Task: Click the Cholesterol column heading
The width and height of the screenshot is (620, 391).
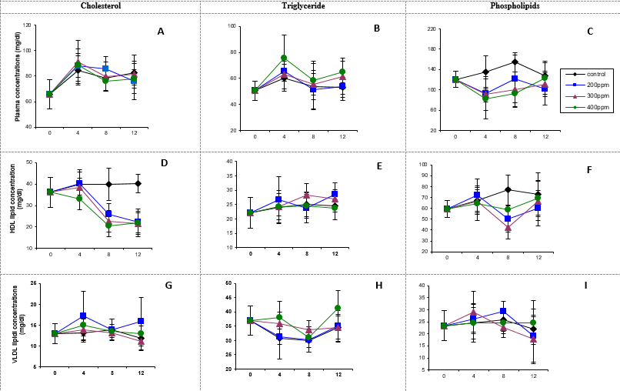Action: pyautogui.click(x=100, y=6)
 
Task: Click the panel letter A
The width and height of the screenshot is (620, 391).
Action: pyautogui.click(x=161, y=32)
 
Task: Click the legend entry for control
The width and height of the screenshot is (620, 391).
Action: pyautogui.click(x=591, y=73)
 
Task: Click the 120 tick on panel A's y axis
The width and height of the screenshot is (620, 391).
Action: pyautogui.click(x=27, y=25)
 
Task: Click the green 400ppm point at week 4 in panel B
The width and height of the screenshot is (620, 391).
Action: pyautogui.click(x=284, y=58)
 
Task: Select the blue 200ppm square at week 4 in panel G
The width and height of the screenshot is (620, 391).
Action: pyautogui.click(x=82, y=316)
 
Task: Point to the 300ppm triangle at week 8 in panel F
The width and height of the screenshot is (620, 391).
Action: pyautogui.click(x=508, y=227)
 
